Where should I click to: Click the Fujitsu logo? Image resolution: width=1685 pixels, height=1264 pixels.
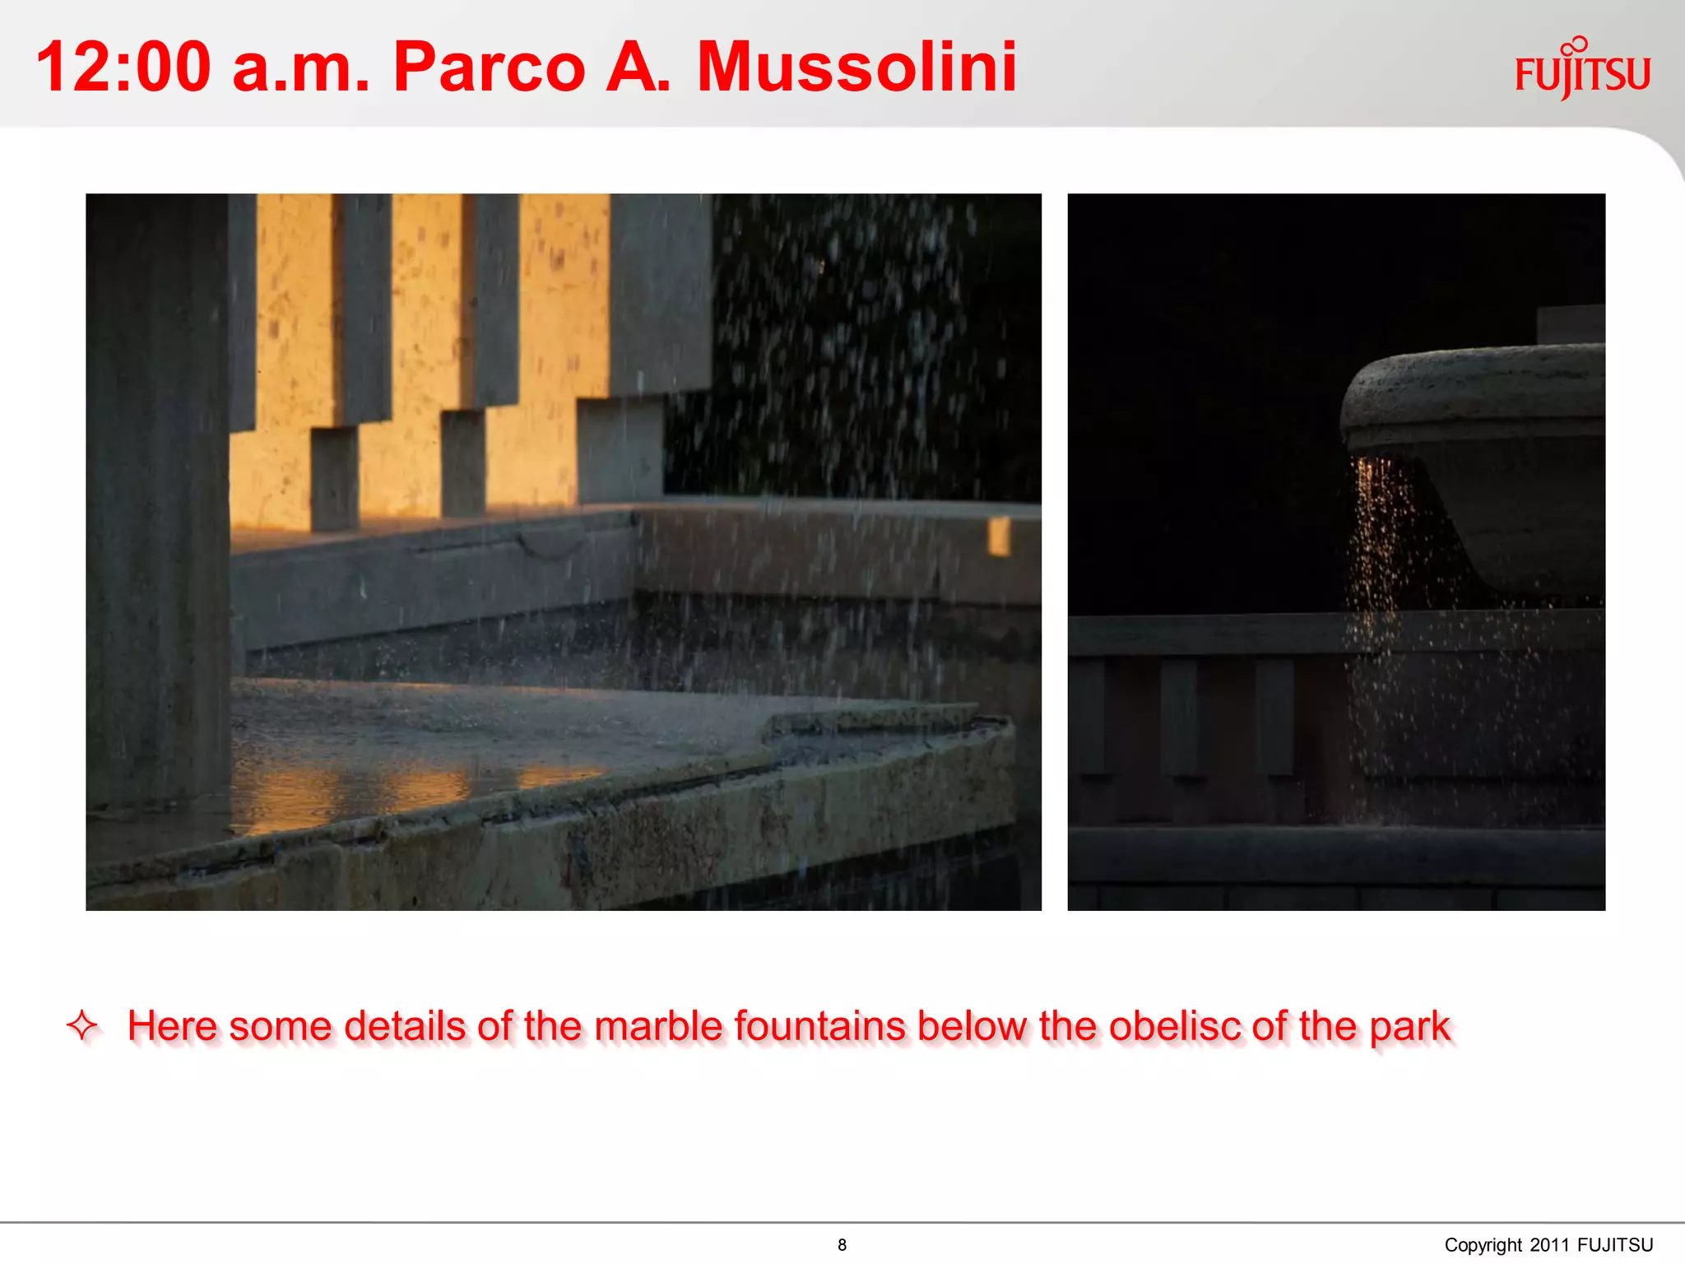(1582, 71)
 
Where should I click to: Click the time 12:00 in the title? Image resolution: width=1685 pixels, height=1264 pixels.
(123, 67)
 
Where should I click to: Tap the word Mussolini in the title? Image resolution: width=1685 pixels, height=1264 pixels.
(856, 67)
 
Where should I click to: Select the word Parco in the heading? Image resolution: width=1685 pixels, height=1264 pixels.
(489, 67)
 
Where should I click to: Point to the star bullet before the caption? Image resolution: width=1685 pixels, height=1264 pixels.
(82, 1025)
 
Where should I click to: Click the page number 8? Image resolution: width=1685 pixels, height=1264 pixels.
(842, 1245)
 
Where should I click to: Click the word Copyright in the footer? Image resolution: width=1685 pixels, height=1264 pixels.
(1483, 1245)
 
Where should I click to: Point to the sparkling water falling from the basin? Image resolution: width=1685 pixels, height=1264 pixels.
(1378, 560)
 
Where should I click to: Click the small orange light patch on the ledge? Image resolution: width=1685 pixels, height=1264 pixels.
(998, 536)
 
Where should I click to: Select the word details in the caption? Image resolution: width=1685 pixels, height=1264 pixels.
(406, 1027)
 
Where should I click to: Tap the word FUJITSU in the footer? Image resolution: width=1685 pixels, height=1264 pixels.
(1615, 1245)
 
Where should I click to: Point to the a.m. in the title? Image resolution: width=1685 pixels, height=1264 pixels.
(300, 67)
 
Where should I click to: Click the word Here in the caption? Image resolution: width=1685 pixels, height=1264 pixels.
(171, 1027)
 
